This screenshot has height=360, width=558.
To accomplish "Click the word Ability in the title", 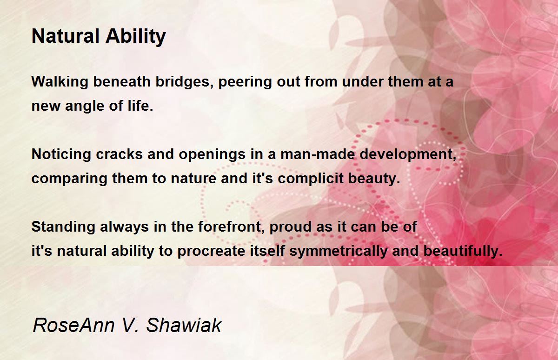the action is [136, 37].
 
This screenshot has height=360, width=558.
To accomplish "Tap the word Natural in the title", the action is [66, 36].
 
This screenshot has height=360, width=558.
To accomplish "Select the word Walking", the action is [60, 82].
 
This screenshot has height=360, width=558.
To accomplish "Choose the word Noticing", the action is [61, 154].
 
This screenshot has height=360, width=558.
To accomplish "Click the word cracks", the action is [120, 154].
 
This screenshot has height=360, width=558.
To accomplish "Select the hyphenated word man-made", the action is [318, 154].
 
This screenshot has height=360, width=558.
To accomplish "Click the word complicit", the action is [311, 179].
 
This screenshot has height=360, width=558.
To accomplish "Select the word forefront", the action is [231, 227].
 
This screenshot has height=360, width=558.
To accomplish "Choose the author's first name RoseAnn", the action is [73, 326].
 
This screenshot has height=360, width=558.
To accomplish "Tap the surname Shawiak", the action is [184, 326].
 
